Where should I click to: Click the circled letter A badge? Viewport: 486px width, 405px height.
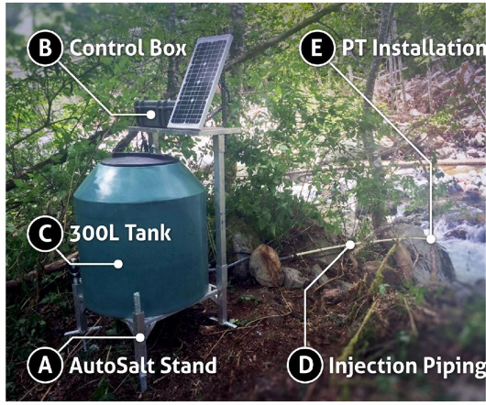click(x=45, y=366)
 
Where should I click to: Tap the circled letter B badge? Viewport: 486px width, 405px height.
click(x=45, y=48)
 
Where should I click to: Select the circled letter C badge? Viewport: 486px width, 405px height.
click(x=45, y=234)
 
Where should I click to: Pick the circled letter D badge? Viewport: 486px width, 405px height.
click(x=305, y=366)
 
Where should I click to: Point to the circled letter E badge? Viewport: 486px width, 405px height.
click(x=317, y=48)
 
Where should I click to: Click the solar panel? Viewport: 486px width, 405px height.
click(x=201, y=82)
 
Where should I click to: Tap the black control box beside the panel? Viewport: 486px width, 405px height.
click(x=154, y=112)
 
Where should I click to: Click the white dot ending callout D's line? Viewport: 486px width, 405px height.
click(x=350, y=245)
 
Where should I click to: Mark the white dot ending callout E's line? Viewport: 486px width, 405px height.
click(x=430, y=239)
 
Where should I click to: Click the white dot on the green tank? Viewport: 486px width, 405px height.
click(x=118, y=264)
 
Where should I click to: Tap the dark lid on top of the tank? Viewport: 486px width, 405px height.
click(x=140, y=159)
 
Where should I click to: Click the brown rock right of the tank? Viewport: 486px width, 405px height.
click(x=267, y=265)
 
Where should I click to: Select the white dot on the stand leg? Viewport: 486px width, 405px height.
click(x=140, y=337)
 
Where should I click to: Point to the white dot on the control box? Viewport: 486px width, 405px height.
click(x=151, y=115)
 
